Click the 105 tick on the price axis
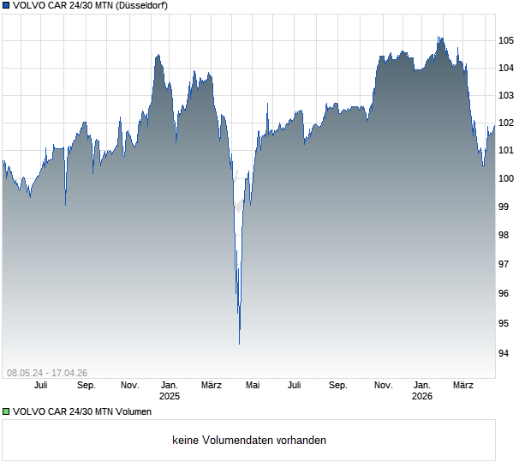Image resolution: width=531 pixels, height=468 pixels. click(506, 40)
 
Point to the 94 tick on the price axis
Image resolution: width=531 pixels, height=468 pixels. click(506, 353)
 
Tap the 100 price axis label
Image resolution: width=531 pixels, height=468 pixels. click(506, 178)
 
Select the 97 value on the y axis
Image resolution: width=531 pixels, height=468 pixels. click(506, 264)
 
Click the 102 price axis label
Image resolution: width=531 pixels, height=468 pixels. click(506, 123)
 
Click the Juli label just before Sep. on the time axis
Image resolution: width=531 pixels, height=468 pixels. click(295, 386)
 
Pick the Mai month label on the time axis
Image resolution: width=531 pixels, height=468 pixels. click(252, 386)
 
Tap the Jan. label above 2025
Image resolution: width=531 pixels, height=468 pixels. click(170, 386)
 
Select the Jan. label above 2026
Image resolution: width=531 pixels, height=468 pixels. click(421, 386)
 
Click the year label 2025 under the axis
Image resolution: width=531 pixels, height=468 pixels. click(170, 396)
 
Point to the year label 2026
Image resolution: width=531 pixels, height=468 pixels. click(421, 396)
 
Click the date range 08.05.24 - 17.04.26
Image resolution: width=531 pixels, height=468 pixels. click(47, 373)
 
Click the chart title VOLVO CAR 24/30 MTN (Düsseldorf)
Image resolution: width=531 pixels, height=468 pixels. click(91, 5)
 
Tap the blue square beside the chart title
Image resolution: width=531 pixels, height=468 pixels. click(6, 5)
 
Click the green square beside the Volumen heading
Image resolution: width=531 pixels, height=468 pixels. click(6, 412)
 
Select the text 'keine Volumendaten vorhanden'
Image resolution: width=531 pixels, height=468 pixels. click(249, 441)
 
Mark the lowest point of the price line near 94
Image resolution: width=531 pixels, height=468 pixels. click(239, 343)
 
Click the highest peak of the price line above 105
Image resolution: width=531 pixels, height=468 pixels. click(439, 37)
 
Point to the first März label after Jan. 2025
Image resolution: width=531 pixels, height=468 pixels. click(211, 386)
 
